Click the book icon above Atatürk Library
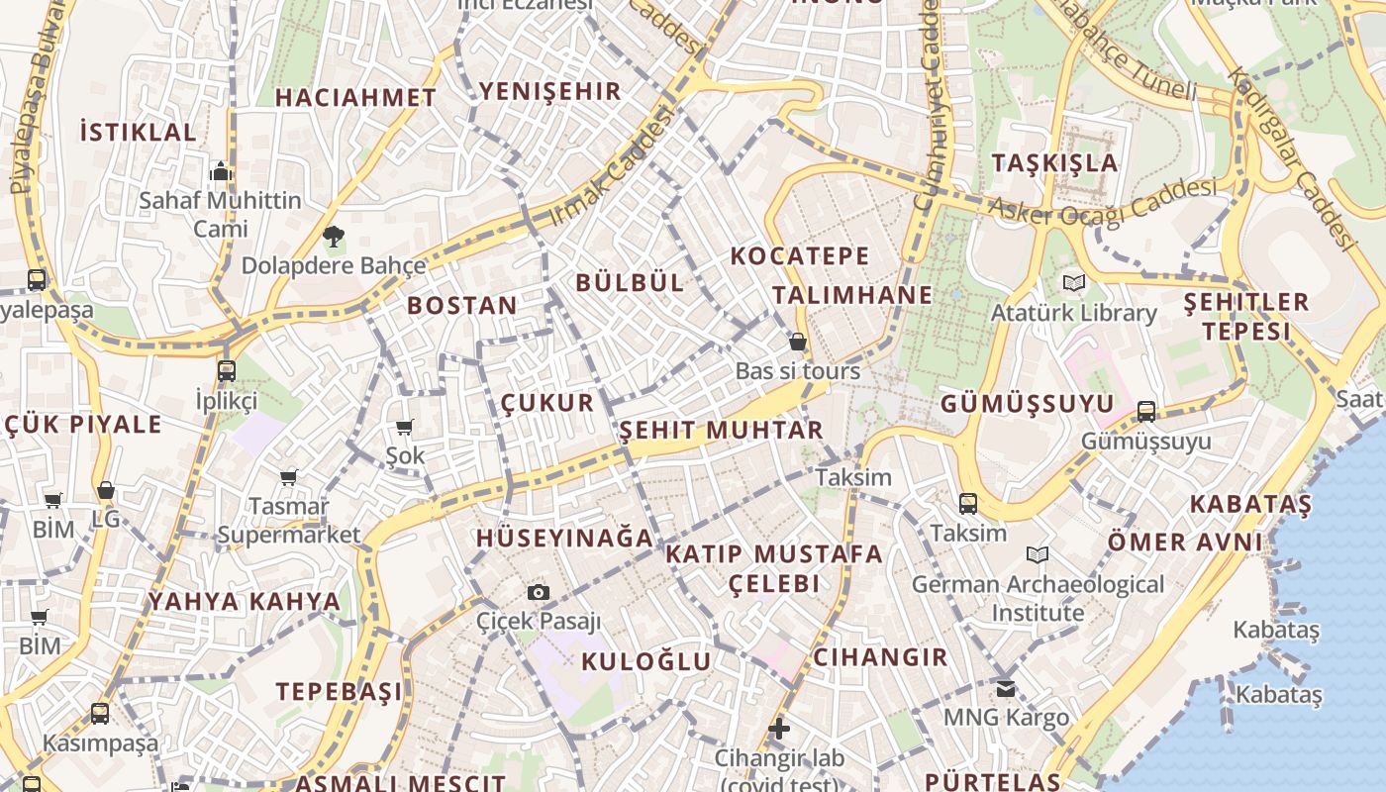point(1074,283)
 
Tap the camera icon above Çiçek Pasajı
point(539,592)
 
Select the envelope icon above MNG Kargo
point(1006,688)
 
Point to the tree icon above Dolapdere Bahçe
point(334,236)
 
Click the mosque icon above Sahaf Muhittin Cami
point(220,171)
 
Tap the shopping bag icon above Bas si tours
point(798,343)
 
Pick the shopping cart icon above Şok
point(404,428)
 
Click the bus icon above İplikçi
point(227,371)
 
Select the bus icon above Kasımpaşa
point(100,713)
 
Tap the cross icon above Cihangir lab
point(779,729)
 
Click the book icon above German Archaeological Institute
point(1038,554)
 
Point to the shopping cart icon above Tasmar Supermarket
point(289,478)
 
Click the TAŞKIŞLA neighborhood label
point(1055,163)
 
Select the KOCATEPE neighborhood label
point(800,256)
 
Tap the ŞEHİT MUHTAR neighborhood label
point(722,431)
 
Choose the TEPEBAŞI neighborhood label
point(340,691)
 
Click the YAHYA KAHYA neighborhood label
point(245,601)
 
